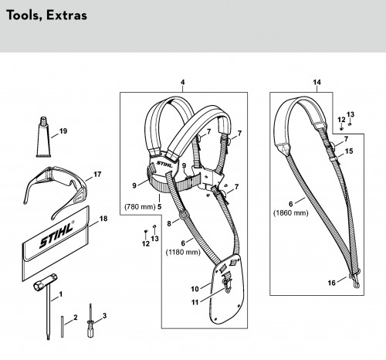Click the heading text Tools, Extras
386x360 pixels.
point(46,15)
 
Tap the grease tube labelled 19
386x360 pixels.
point(43,137)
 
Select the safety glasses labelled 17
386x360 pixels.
point(55,190)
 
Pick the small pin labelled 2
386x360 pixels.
point(63,326)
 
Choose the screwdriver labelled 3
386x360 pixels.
point(90,321)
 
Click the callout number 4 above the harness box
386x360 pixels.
point(182,82)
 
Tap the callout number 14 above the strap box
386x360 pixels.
point(317,82)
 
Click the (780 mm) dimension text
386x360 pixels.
point(140,207)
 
